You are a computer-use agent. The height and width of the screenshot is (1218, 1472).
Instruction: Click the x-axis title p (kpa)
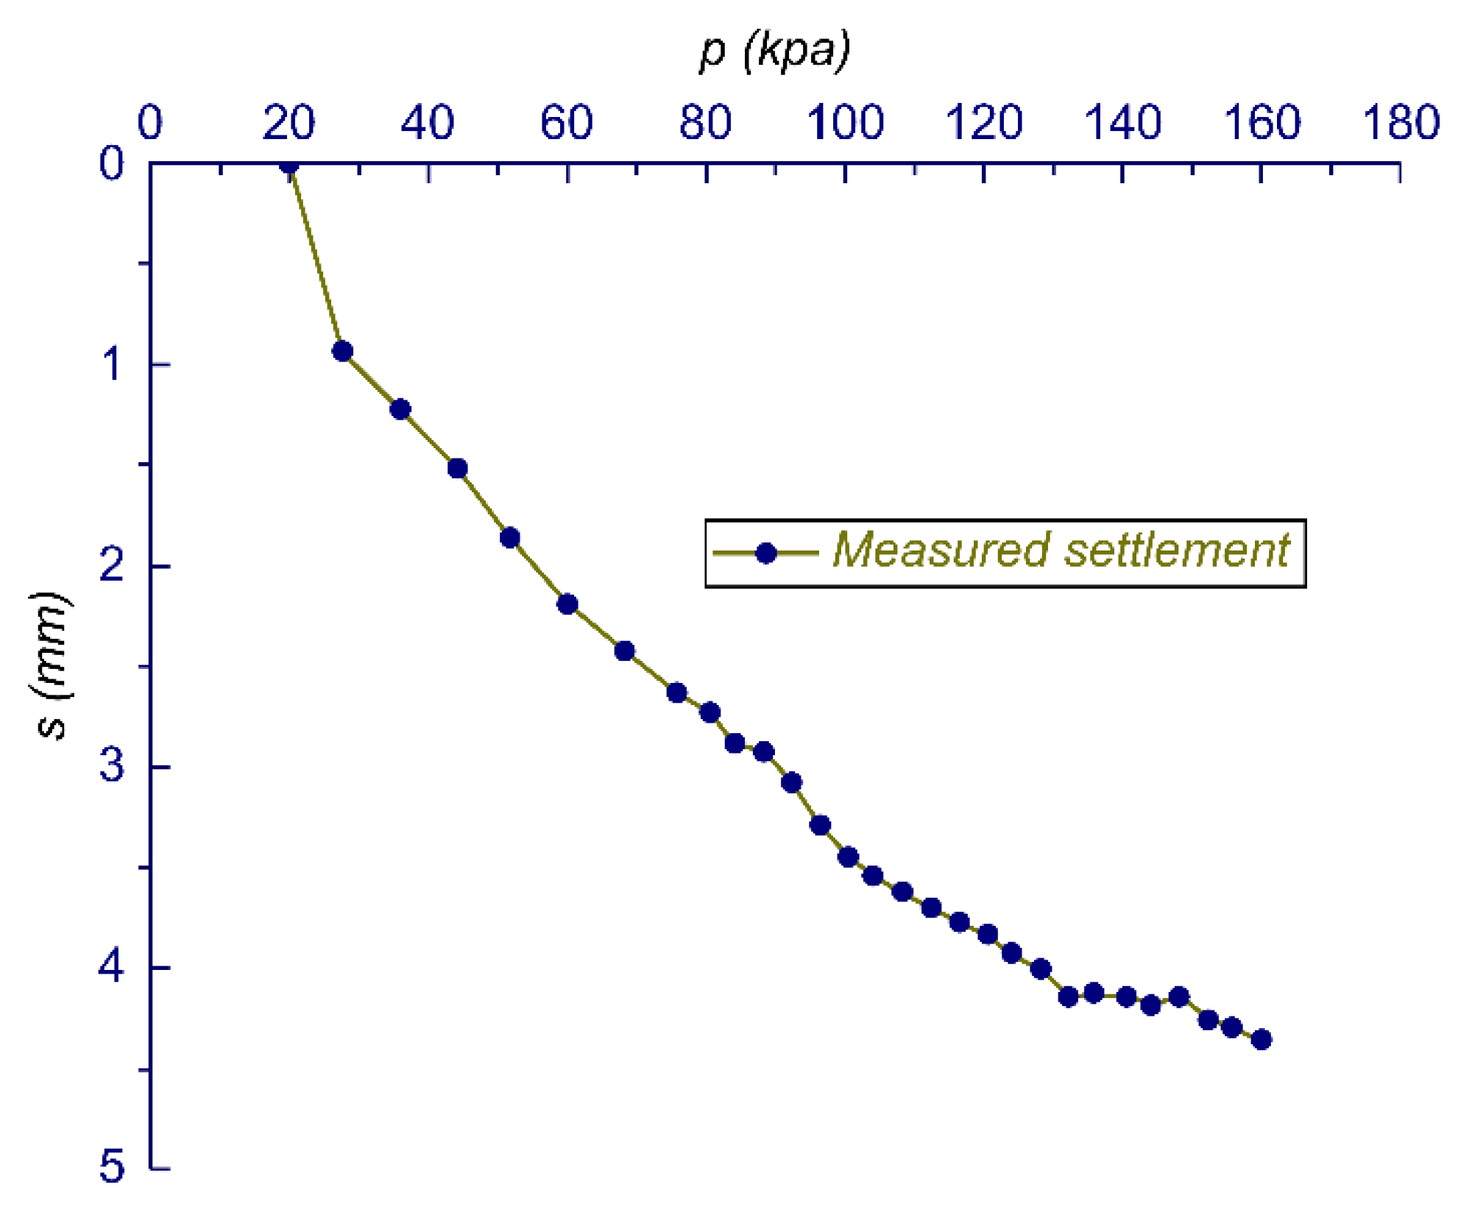(774, 52)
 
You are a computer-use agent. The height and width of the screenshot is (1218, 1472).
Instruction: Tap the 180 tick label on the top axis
(1401, 122)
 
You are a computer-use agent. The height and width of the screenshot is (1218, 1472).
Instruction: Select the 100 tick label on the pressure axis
(845, 122)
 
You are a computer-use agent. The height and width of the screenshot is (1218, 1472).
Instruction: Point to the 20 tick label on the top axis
(289, 122)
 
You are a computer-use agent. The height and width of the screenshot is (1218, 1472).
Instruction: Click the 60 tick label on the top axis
(566, 122)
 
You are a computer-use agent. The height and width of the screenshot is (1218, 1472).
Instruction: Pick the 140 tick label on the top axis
(1122, 122)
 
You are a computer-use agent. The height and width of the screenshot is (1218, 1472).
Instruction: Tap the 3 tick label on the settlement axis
(112, 765)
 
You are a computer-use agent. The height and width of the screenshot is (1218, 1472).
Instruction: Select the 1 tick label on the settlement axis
(112, 364)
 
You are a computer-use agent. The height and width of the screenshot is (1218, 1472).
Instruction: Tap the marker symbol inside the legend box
(766, 553)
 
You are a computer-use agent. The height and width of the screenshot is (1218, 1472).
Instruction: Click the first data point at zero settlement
(289, 164)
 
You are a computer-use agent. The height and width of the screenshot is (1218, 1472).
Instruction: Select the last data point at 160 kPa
(1262, 1039)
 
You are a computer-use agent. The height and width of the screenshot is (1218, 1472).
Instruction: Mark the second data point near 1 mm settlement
(342, 351)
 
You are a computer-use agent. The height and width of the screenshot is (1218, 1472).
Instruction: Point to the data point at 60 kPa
(567, 604)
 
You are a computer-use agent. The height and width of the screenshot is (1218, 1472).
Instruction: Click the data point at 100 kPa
(848, 857)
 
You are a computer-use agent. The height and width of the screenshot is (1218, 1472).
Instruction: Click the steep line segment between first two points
(316, 258)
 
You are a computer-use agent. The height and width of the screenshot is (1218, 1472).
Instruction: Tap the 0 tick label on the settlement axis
(112, 163)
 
